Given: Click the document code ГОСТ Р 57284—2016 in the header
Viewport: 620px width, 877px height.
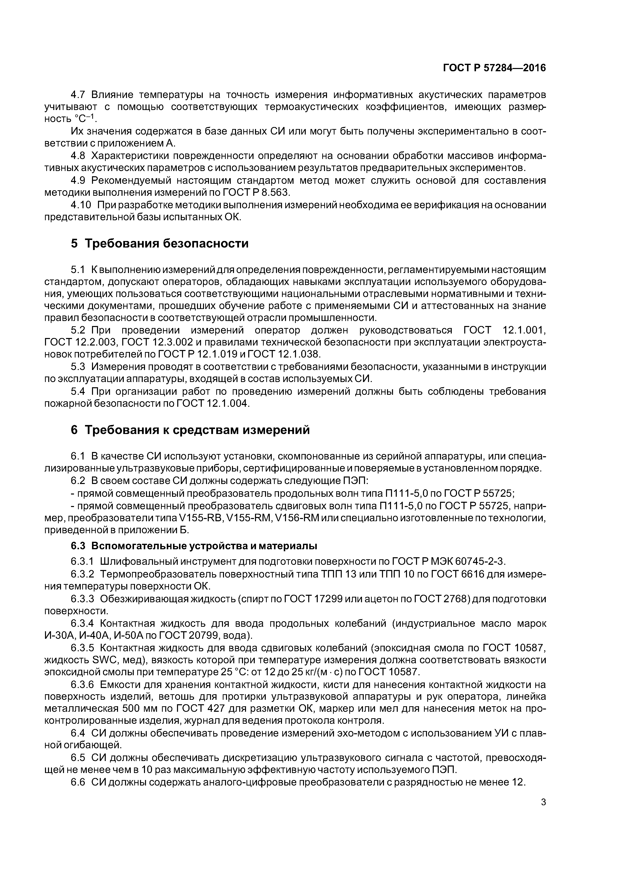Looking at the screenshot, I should pos(494,68).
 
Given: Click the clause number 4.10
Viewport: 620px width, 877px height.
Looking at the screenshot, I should pos(81,205).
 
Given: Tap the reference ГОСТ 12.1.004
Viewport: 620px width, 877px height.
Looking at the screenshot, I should pos(213,403).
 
